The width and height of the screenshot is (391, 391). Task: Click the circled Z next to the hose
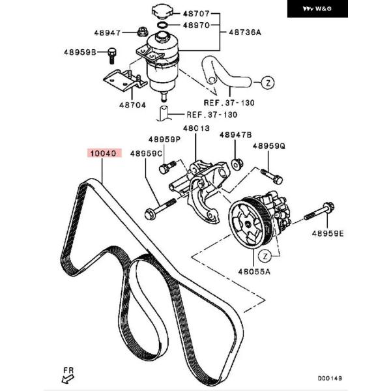pos(266,83)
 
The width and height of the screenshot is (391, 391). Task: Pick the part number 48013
pos(195,128)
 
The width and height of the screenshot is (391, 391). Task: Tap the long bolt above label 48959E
pos(323,211)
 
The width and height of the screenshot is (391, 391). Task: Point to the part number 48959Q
pos(269,147)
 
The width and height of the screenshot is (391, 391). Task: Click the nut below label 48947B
pos(238,163)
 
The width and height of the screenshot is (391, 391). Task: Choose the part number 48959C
pos(145,154)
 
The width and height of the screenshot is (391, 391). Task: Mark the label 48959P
pos(164,139)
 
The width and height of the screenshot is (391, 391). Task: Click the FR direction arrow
pos(67,373)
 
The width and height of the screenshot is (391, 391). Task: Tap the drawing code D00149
pos(330,377)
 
